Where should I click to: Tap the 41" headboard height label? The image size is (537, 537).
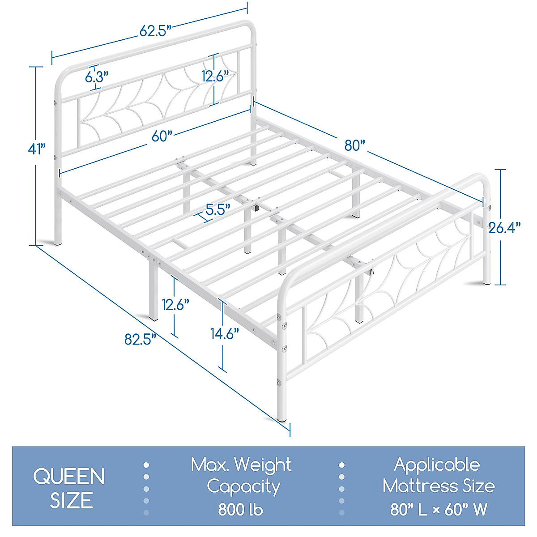(36, 149)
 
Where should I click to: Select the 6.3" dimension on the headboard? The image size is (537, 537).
(97, 77)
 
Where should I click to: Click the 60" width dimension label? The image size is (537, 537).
(162, 136)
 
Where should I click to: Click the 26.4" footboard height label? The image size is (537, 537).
(504, 228)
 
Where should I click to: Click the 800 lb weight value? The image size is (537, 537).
(241, 509)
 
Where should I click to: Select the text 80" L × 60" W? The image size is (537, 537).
(438, 509)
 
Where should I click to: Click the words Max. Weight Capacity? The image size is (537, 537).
(242, 475)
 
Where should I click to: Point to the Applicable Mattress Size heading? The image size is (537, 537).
(438, 475)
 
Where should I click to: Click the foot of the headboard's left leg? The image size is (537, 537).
(58, 243)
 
